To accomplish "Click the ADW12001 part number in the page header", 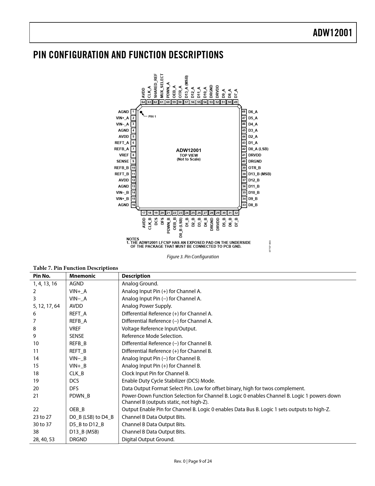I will pos(332,33).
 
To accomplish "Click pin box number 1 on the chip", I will pos(133,112).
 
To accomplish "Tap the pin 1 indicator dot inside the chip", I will pos(141,112).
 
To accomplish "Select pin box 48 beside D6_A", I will pos(244,112).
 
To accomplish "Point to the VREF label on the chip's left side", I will pos(124,155).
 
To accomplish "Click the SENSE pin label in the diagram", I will pos(123,161).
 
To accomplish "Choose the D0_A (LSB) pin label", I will pos(258,149).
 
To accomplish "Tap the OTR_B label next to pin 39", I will pos(254,168).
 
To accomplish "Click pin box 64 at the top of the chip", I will pos(143,102).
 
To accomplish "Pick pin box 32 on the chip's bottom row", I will pos(236,213).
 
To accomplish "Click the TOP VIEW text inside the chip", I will pos(189,155).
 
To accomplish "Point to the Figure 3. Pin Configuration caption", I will pos(193,257).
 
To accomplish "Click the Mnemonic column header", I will pos(82,276).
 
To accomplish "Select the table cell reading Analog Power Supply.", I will pos(147,306).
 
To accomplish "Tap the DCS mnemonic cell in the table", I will pos(74,381).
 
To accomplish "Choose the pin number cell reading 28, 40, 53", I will pos(44,439).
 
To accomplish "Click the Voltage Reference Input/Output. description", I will pos(159,328).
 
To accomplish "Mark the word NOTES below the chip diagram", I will pos(133,239).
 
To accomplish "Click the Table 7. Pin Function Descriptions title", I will pos(76,268).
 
